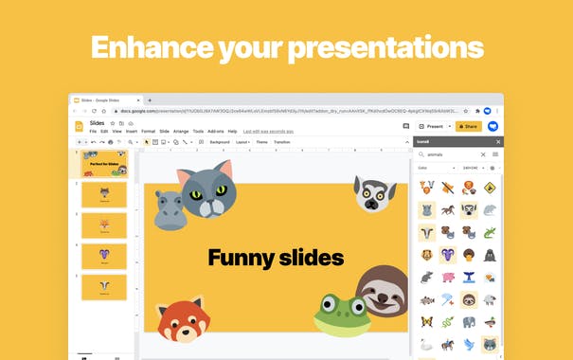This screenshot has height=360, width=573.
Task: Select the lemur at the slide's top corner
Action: [x=375, y=193]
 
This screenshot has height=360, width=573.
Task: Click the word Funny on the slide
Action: [x=240, y=257]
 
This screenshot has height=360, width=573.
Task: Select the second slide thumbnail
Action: [x=104, y=194]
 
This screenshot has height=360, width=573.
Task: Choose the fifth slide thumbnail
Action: [x=104, y=287]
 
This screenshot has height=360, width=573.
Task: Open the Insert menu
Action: [x=132, y=131]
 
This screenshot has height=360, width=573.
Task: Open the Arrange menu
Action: [x=180, y=131]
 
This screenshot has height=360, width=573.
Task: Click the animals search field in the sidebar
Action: [x=451, y=154]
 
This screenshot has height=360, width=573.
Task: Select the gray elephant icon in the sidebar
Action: [x=490, y=300]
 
